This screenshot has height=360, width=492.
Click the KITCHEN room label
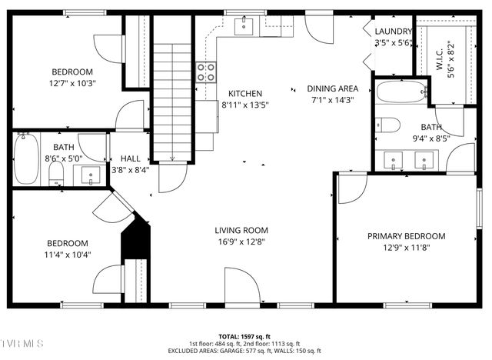pyautogui.click(x=244, y=93)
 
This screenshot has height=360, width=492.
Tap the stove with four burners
pyautogui.click(x=206, y=72)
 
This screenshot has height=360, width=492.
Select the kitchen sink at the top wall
pyautogui.click(x=244, y=27)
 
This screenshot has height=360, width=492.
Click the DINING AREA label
pyautogui.click(x=332, y=88)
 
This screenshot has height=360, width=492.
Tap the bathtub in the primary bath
pyautogui.click(x=400, y=92)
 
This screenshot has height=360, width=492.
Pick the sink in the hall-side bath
pyautogui.click(x=90, y=175)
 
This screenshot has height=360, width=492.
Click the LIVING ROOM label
pyautogui.click(x=241, y=230)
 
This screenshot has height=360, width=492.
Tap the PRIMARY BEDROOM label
pyautogui.click(x=406, y=236)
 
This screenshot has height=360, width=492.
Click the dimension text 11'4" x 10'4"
pyautogui.click(x=68, y=255)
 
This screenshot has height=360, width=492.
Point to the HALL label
pyautogui.click(x=130, y=158)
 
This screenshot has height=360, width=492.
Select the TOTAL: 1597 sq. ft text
pyautogui.click(x=245, y=337)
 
